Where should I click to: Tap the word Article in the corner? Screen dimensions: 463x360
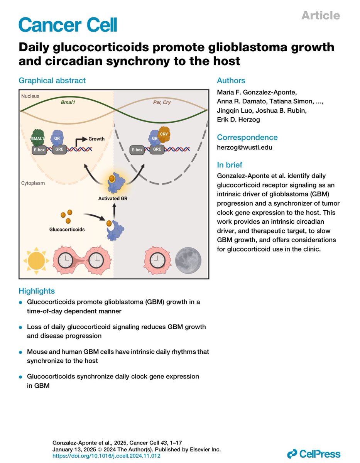320,15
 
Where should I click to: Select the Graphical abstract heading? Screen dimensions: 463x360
52,81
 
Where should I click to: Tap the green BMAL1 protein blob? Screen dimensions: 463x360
38,137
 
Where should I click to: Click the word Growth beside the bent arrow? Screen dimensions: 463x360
96,139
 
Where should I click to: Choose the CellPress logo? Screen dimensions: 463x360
314,454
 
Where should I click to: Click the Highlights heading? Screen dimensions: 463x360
37,291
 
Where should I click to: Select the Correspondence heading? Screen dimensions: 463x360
247,137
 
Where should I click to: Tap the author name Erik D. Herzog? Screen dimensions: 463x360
238,120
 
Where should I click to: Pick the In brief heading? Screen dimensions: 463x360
230,165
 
